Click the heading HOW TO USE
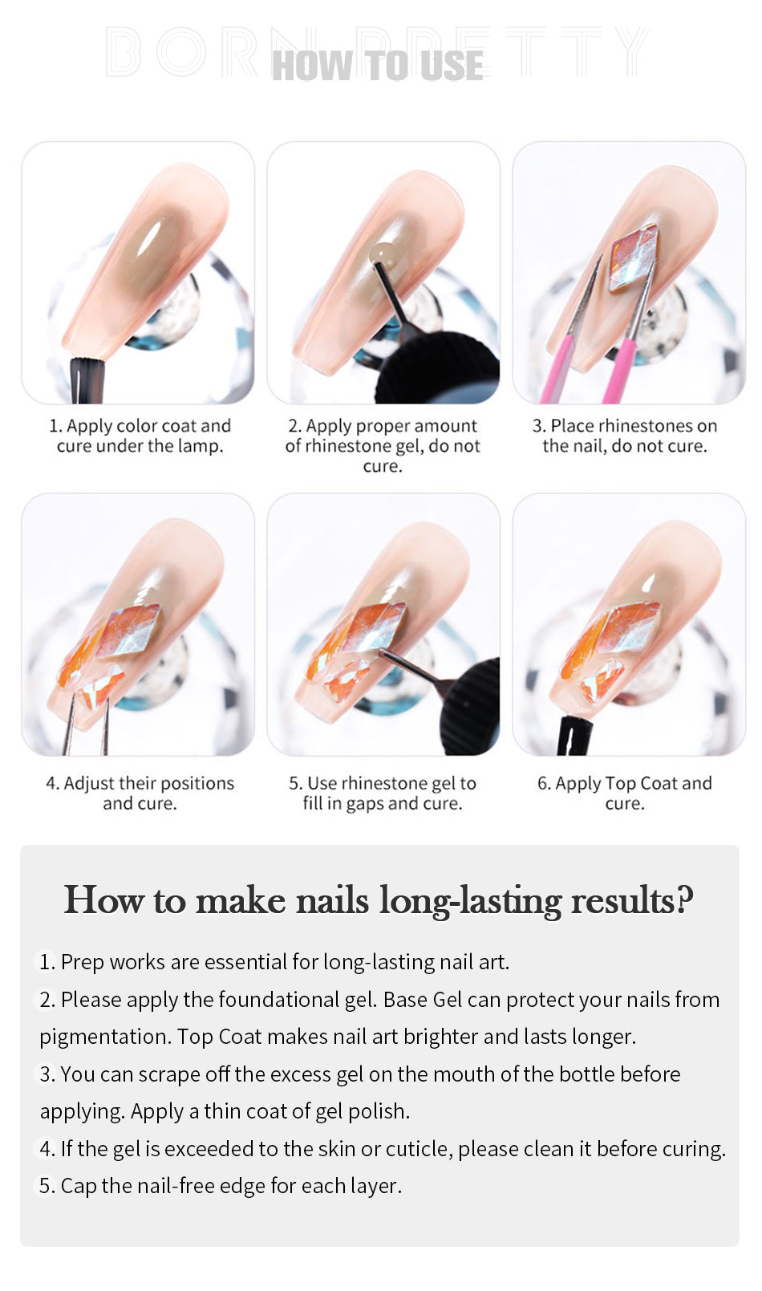377,65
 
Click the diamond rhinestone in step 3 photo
634,257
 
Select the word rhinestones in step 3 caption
645,426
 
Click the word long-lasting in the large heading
470,901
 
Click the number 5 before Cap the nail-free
45,1186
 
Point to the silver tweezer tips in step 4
87,725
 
